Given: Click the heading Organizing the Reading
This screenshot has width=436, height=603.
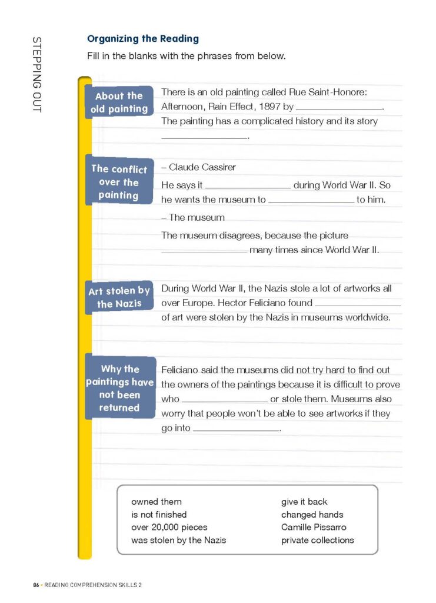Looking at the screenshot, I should click(143, 39).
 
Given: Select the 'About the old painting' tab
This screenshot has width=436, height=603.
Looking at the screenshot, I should click(119, 102).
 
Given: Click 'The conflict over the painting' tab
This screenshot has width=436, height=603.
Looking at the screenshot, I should click(119, 182).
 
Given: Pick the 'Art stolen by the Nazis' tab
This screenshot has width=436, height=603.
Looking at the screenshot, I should click(119, 297).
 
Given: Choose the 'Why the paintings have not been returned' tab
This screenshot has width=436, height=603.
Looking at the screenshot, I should click(120, 388).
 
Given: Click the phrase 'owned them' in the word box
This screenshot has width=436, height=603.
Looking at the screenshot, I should click(157, 502).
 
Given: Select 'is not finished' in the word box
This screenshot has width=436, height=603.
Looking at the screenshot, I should click(159, 515).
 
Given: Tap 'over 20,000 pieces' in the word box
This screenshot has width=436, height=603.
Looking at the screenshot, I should click(169, 528).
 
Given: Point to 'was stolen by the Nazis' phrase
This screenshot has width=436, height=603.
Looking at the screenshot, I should click(179, 540).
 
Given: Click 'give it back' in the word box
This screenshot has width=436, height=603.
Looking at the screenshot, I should click(304, 502).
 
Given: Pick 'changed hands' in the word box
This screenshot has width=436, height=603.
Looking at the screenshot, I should click(312, 515).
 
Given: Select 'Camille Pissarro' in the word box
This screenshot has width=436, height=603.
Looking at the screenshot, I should click(314, 528).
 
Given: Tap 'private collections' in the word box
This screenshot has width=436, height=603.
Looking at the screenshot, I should click(318, 540).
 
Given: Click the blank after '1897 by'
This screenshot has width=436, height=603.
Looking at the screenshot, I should click(339, 108).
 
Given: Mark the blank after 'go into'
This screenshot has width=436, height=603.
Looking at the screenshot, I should click(236, 430).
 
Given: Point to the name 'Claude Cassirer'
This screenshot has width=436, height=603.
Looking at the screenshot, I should click(202, 167).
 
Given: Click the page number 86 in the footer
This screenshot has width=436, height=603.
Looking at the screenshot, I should click(36, 585).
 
